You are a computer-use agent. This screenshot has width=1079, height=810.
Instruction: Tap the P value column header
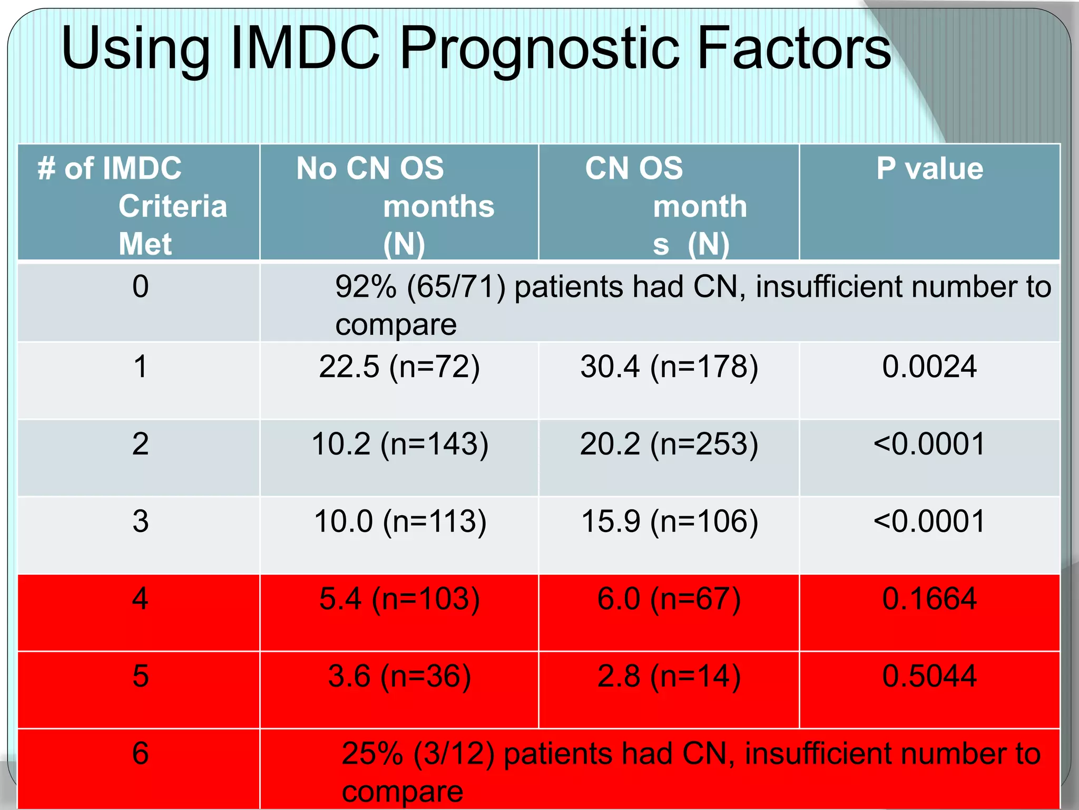(x=929, y=169)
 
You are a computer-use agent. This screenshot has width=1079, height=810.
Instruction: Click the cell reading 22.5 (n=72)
(x=399, y=367)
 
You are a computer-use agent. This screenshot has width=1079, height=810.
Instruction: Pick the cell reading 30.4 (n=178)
(x=669, y=367)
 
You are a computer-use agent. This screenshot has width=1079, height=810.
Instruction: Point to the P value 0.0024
(x=929, y=367)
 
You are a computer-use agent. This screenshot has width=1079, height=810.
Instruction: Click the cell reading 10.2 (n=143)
(x=399, y=444)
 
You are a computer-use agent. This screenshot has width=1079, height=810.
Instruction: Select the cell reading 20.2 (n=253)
(x=669, y=444)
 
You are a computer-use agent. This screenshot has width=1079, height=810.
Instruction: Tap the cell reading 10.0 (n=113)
(x=399, y=522)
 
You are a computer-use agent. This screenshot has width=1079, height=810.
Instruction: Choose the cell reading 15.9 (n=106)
(x=669, y=522)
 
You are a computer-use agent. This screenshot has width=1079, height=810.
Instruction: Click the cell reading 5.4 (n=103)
(x=399, y=599)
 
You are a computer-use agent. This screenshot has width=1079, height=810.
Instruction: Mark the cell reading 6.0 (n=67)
(x=669, y=599)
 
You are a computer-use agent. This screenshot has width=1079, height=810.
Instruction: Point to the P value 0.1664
(x=929, y=599)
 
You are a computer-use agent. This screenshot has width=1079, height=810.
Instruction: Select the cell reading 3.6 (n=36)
(x=399, y=676)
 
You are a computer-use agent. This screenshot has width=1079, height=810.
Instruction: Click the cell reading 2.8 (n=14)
(x=669, y=676)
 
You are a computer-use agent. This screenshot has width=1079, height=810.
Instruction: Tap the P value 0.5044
(x=929, y=676)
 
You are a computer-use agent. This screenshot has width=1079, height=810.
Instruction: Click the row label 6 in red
(x=140, y=753)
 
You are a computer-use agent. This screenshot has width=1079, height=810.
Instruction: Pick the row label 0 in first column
(x=140, y=287)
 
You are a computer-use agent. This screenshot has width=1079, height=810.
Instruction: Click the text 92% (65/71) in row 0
(x=420, y=287)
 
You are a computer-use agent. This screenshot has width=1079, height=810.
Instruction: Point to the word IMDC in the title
(x=305, y=49)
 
